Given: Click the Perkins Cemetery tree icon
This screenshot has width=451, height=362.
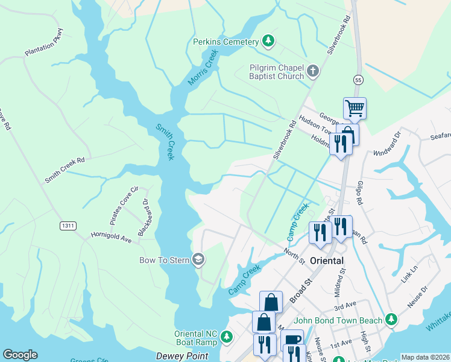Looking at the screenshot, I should coord(268,42).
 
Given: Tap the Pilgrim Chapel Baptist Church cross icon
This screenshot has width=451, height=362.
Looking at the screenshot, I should coord(312,72).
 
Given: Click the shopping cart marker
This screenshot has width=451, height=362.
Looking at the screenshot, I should coord(355,109).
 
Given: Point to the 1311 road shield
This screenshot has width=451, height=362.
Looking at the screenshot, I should coord(68,226).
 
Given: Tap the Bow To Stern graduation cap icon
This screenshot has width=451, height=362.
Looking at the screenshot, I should coord(198,260).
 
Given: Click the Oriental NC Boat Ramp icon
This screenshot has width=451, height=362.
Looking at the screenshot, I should coord(226,336).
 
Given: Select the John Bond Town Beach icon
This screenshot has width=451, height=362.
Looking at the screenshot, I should coord(391,318).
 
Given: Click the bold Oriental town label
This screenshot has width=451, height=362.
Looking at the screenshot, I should coord(327,261).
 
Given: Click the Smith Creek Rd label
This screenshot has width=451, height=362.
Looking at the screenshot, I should coord(65,170).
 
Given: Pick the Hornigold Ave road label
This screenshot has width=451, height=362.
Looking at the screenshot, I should coord(111,239).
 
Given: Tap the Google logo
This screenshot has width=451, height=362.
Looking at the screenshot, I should coord(20,355).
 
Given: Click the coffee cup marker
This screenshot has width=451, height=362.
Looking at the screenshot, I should coord(292,340).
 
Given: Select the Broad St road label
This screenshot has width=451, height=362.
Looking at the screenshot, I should coord(302,290).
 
